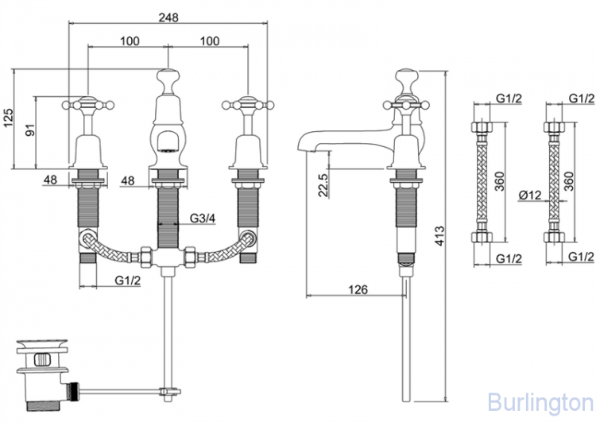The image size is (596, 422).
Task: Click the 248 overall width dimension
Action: (x=168, y=17)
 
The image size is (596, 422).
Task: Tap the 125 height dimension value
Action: (x=9, y=118)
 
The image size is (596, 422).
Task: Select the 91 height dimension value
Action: (x=30, y=130)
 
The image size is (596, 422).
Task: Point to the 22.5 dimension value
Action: (x=323, y=185)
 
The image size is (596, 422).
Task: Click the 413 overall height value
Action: (x=439, y=236)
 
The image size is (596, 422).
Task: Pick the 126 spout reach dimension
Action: (x=358, y=290)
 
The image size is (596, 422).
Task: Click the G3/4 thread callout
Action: (x=203, y=219)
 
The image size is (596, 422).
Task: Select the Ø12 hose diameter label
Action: (x=529, y=195)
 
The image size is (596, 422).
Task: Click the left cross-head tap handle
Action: (x=87, y=104)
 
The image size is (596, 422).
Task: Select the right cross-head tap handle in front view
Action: (x=248, y=104)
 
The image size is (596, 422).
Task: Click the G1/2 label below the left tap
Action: (x=128, y=281)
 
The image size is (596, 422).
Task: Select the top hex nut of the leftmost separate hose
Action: (x=482, y=126)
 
